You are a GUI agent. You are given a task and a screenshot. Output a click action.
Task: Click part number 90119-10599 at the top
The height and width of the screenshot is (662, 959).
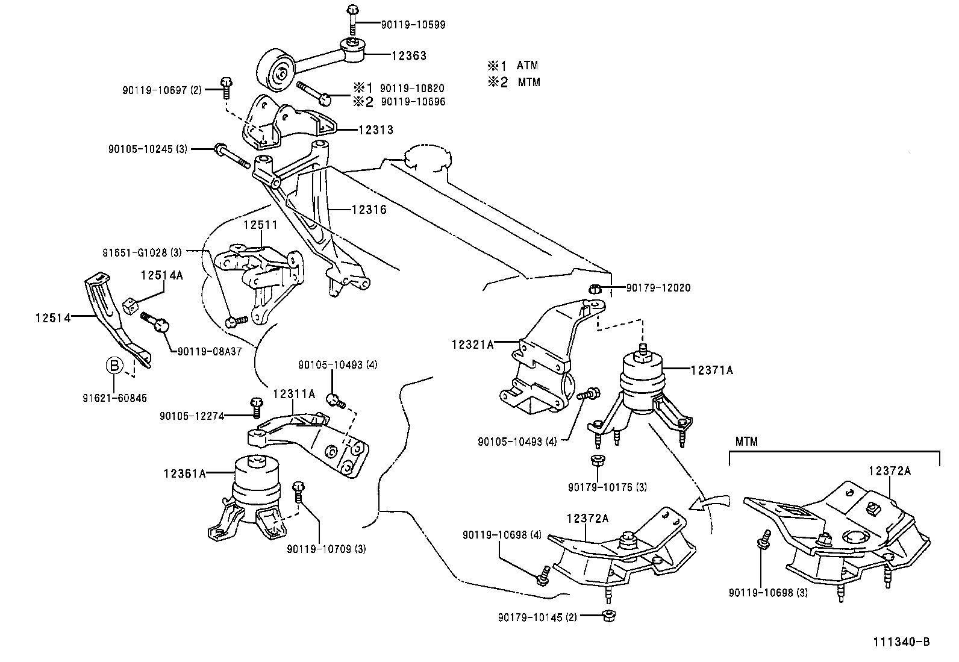[413, 25]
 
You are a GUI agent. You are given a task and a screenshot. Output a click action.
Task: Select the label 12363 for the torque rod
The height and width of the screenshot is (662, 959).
[408, 55]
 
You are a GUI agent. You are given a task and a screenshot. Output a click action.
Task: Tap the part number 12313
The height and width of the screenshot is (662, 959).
[375, 130]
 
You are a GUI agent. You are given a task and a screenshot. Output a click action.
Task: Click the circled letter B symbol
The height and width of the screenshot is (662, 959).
[114, 365]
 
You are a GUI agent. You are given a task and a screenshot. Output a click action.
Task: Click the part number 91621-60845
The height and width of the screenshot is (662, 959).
[114, 398]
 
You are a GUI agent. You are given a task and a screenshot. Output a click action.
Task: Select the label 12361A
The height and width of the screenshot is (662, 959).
[184, 473]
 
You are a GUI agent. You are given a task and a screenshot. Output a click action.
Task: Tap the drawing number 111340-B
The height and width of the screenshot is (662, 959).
[902, 642]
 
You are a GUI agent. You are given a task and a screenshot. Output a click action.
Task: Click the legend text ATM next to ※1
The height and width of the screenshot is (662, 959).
[527, 65]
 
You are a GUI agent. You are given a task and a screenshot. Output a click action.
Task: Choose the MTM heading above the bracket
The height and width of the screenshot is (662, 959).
[746, 442]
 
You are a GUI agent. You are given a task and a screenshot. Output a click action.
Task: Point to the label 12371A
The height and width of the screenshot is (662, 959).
[711, 370]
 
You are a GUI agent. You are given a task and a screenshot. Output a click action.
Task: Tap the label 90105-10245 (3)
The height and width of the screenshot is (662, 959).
[148, 148]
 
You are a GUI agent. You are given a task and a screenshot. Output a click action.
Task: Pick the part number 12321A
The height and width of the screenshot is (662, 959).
[473, 345]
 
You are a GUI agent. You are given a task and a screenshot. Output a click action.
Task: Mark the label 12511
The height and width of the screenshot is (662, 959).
[260, 225]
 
